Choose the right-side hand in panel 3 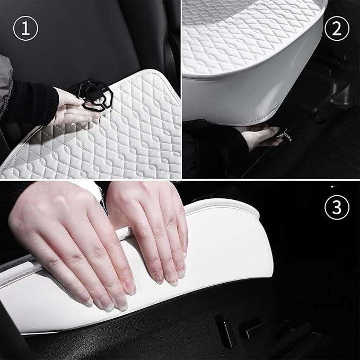[154, 223]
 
